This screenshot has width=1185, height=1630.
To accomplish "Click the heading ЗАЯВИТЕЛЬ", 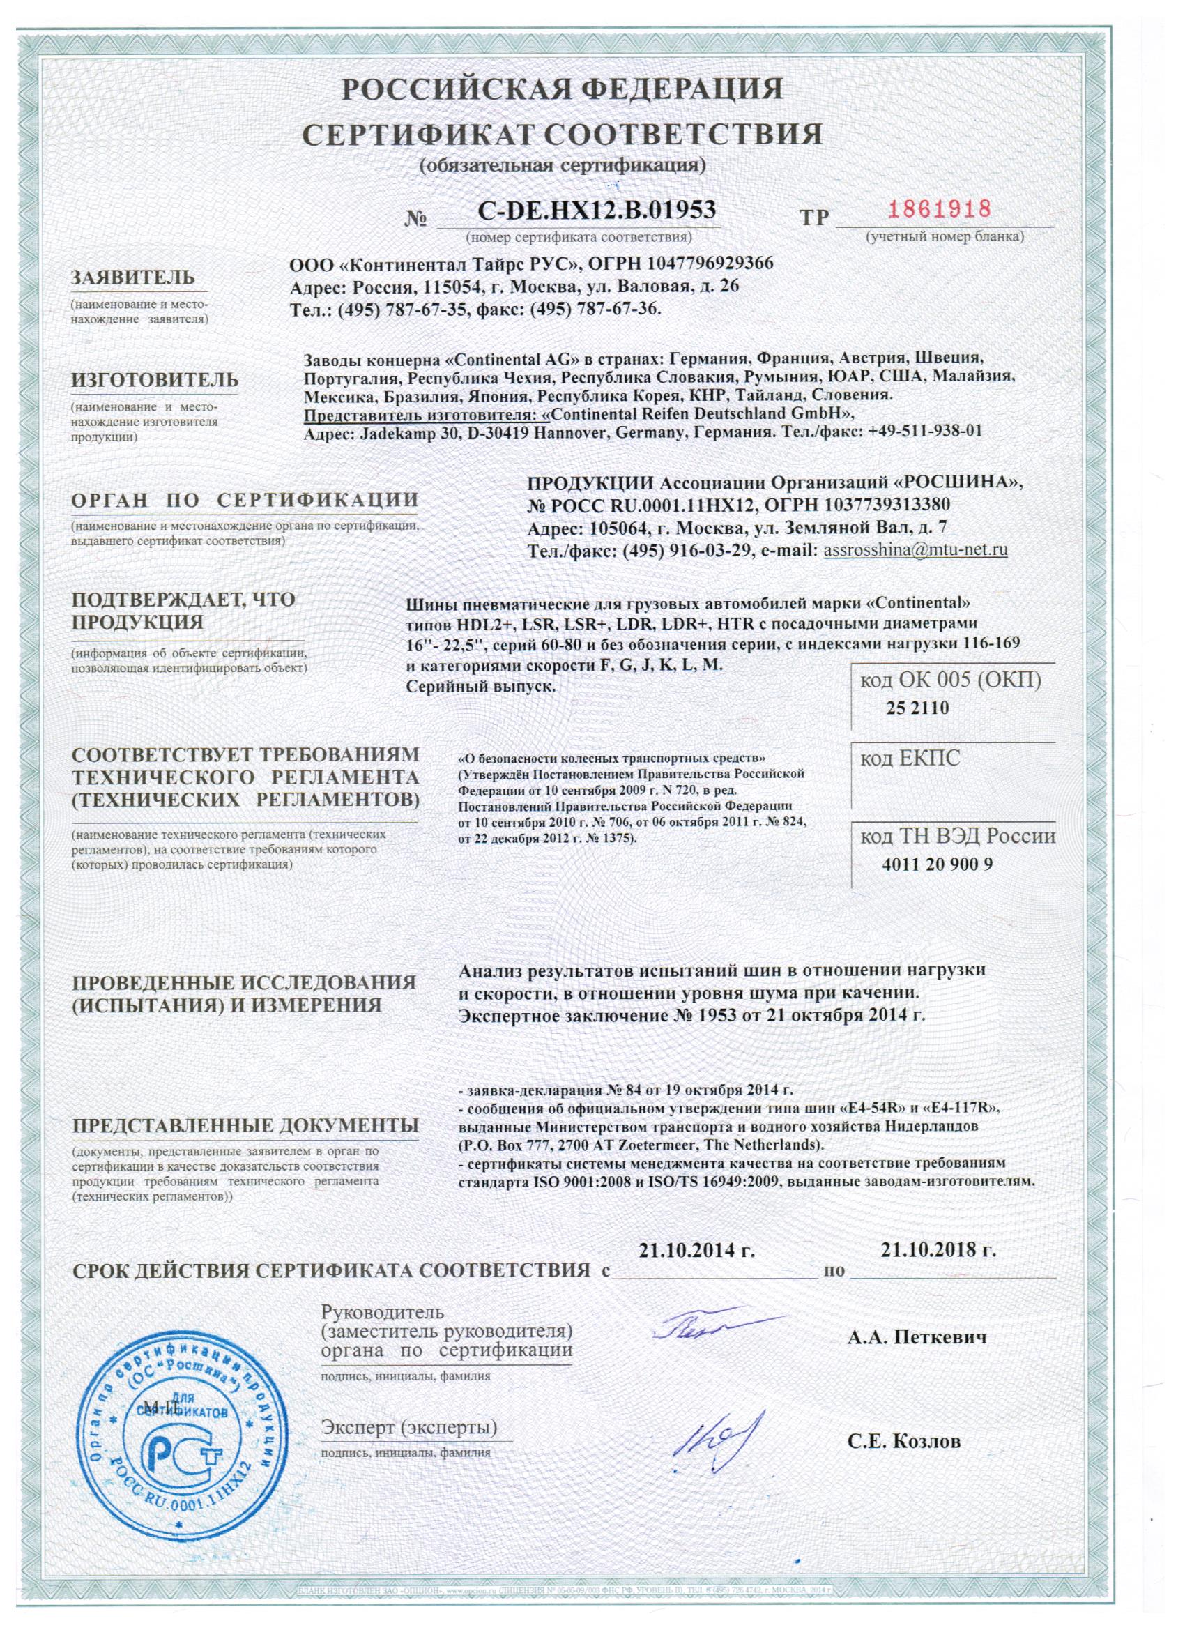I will [133, 277].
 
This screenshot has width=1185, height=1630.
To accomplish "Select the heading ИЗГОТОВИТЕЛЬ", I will [155, 380].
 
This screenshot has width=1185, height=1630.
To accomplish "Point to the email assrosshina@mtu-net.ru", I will [916, 551].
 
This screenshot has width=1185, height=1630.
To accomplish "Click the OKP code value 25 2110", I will [917, 708].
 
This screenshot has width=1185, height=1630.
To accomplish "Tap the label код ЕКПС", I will [910, 759].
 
